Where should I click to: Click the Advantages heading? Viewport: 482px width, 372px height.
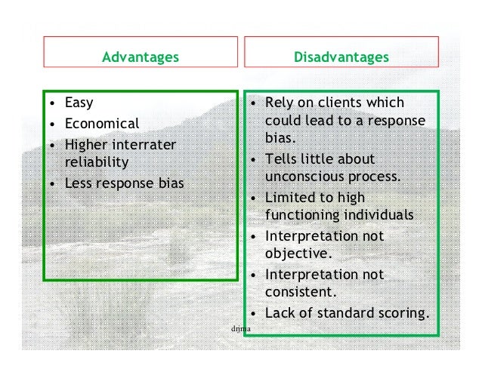141,57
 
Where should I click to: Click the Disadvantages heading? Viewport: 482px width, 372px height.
341,57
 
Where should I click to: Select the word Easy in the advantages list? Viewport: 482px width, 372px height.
79,103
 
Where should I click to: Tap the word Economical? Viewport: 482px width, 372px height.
102,123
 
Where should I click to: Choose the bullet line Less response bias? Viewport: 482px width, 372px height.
125,182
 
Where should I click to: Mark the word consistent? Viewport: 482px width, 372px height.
300,292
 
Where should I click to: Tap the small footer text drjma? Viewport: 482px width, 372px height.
240,330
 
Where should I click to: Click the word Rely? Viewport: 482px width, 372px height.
280,103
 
